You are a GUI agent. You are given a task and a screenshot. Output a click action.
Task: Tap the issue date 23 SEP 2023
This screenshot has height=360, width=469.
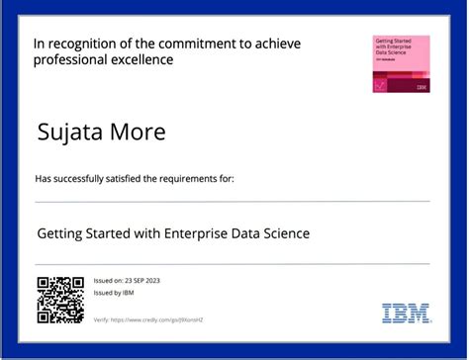click(141, 281)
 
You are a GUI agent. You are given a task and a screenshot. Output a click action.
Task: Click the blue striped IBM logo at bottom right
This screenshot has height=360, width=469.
click(406, 313)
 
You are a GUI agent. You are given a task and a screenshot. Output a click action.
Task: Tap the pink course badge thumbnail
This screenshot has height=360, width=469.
click(401, 64)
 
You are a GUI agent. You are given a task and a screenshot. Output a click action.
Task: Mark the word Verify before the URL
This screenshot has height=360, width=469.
click(102, 320)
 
